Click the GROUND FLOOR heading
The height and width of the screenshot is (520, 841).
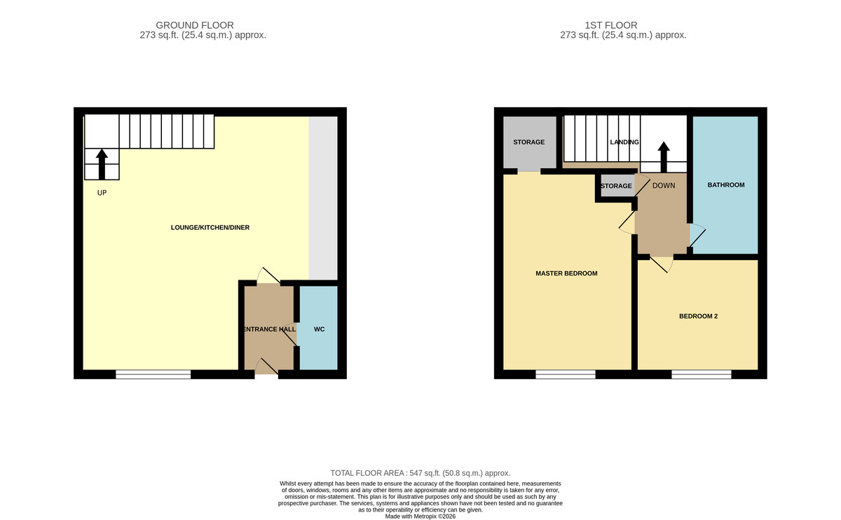click(x=195, y=25)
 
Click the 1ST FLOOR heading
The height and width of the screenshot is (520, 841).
click(x=611, y=25)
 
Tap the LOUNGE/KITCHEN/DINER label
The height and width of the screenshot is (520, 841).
click(x=210, y=228)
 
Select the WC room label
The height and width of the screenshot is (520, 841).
click(x=319, y=329)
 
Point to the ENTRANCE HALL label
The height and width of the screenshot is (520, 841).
click(x=270, y=329)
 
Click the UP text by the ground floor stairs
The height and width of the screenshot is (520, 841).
click(x=102, y=193)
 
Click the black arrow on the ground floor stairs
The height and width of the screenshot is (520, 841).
click(x=102, y=165)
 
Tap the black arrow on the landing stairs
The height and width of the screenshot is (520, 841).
click(x=664, y=157)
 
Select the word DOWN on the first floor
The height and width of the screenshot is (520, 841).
click(x=664, y=186)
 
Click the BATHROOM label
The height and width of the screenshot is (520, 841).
click(x=726, y=185)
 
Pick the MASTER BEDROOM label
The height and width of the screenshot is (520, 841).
click(x=566, y=273)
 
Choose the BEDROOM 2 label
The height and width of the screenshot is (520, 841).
click(x=698, y=316)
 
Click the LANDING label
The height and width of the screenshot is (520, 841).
click(x=624, y=142)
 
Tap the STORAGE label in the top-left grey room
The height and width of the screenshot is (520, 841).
click(x=528, y=142)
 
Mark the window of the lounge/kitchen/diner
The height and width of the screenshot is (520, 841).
click(x=153, y=374)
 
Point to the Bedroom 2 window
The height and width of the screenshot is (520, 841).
click(x=702, y=374)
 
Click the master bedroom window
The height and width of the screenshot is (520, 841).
click(x=566, y=374)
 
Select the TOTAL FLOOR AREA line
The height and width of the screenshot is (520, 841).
click(x=420, y=473)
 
